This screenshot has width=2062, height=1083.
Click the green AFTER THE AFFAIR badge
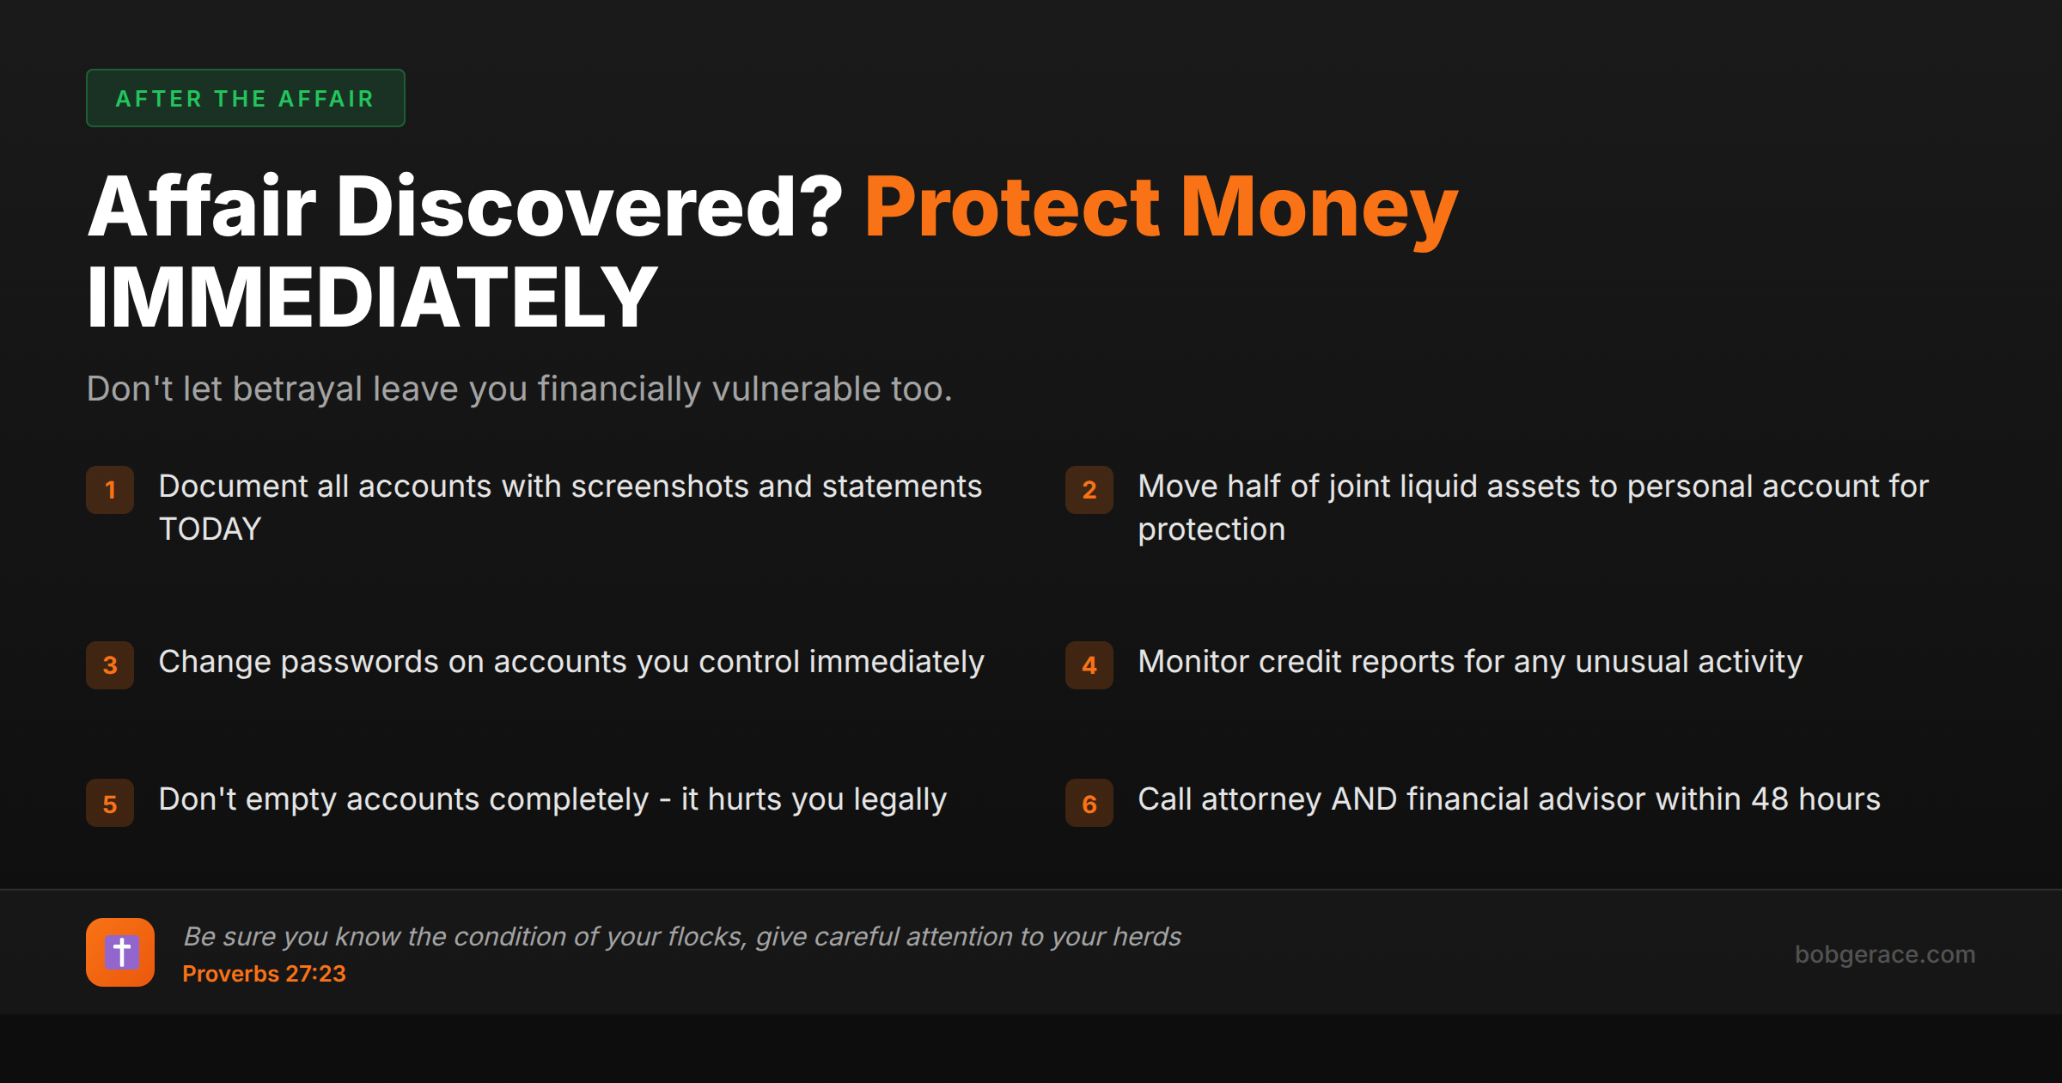pyautogui.click(x=245, y=98)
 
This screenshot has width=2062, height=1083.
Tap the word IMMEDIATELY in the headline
pyautogui.click(x=372, y=297)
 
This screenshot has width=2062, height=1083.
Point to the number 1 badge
pyautogui.click(x=110, y=490)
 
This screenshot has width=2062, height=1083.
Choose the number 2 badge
pyautogui.click(x=1089, y=490)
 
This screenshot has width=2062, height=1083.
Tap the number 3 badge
pyautogui.click(x=110, y=665)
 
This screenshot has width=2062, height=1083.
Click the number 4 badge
pyautogui.click(x=1089, y=665)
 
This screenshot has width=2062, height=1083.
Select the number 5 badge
pyautogui.click(x=110, y=803)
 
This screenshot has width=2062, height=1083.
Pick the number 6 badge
pyautogui.click(x=1089, y=803)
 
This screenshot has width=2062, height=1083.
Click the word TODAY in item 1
pyautogui.click(x=210, y=529)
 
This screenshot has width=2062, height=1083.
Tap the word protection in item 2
pyautogui.click(x=1211, y=530)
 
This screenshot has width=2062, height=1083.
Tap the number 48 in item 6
pyautogui.click(x=1770, y=799)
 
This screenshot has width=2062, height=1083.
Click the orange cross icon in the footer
pyautogui.click(x=120, y=952)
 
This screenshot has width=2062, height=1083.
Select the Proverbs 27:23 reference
pyautogui.click(x=264, y=974)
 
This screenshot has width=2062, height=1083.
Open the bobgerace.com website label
pyautogui.click(x=1885, y=954)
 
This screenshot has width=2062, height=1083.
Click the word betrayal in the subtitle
pyautogui.click(x=297, y=389)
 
